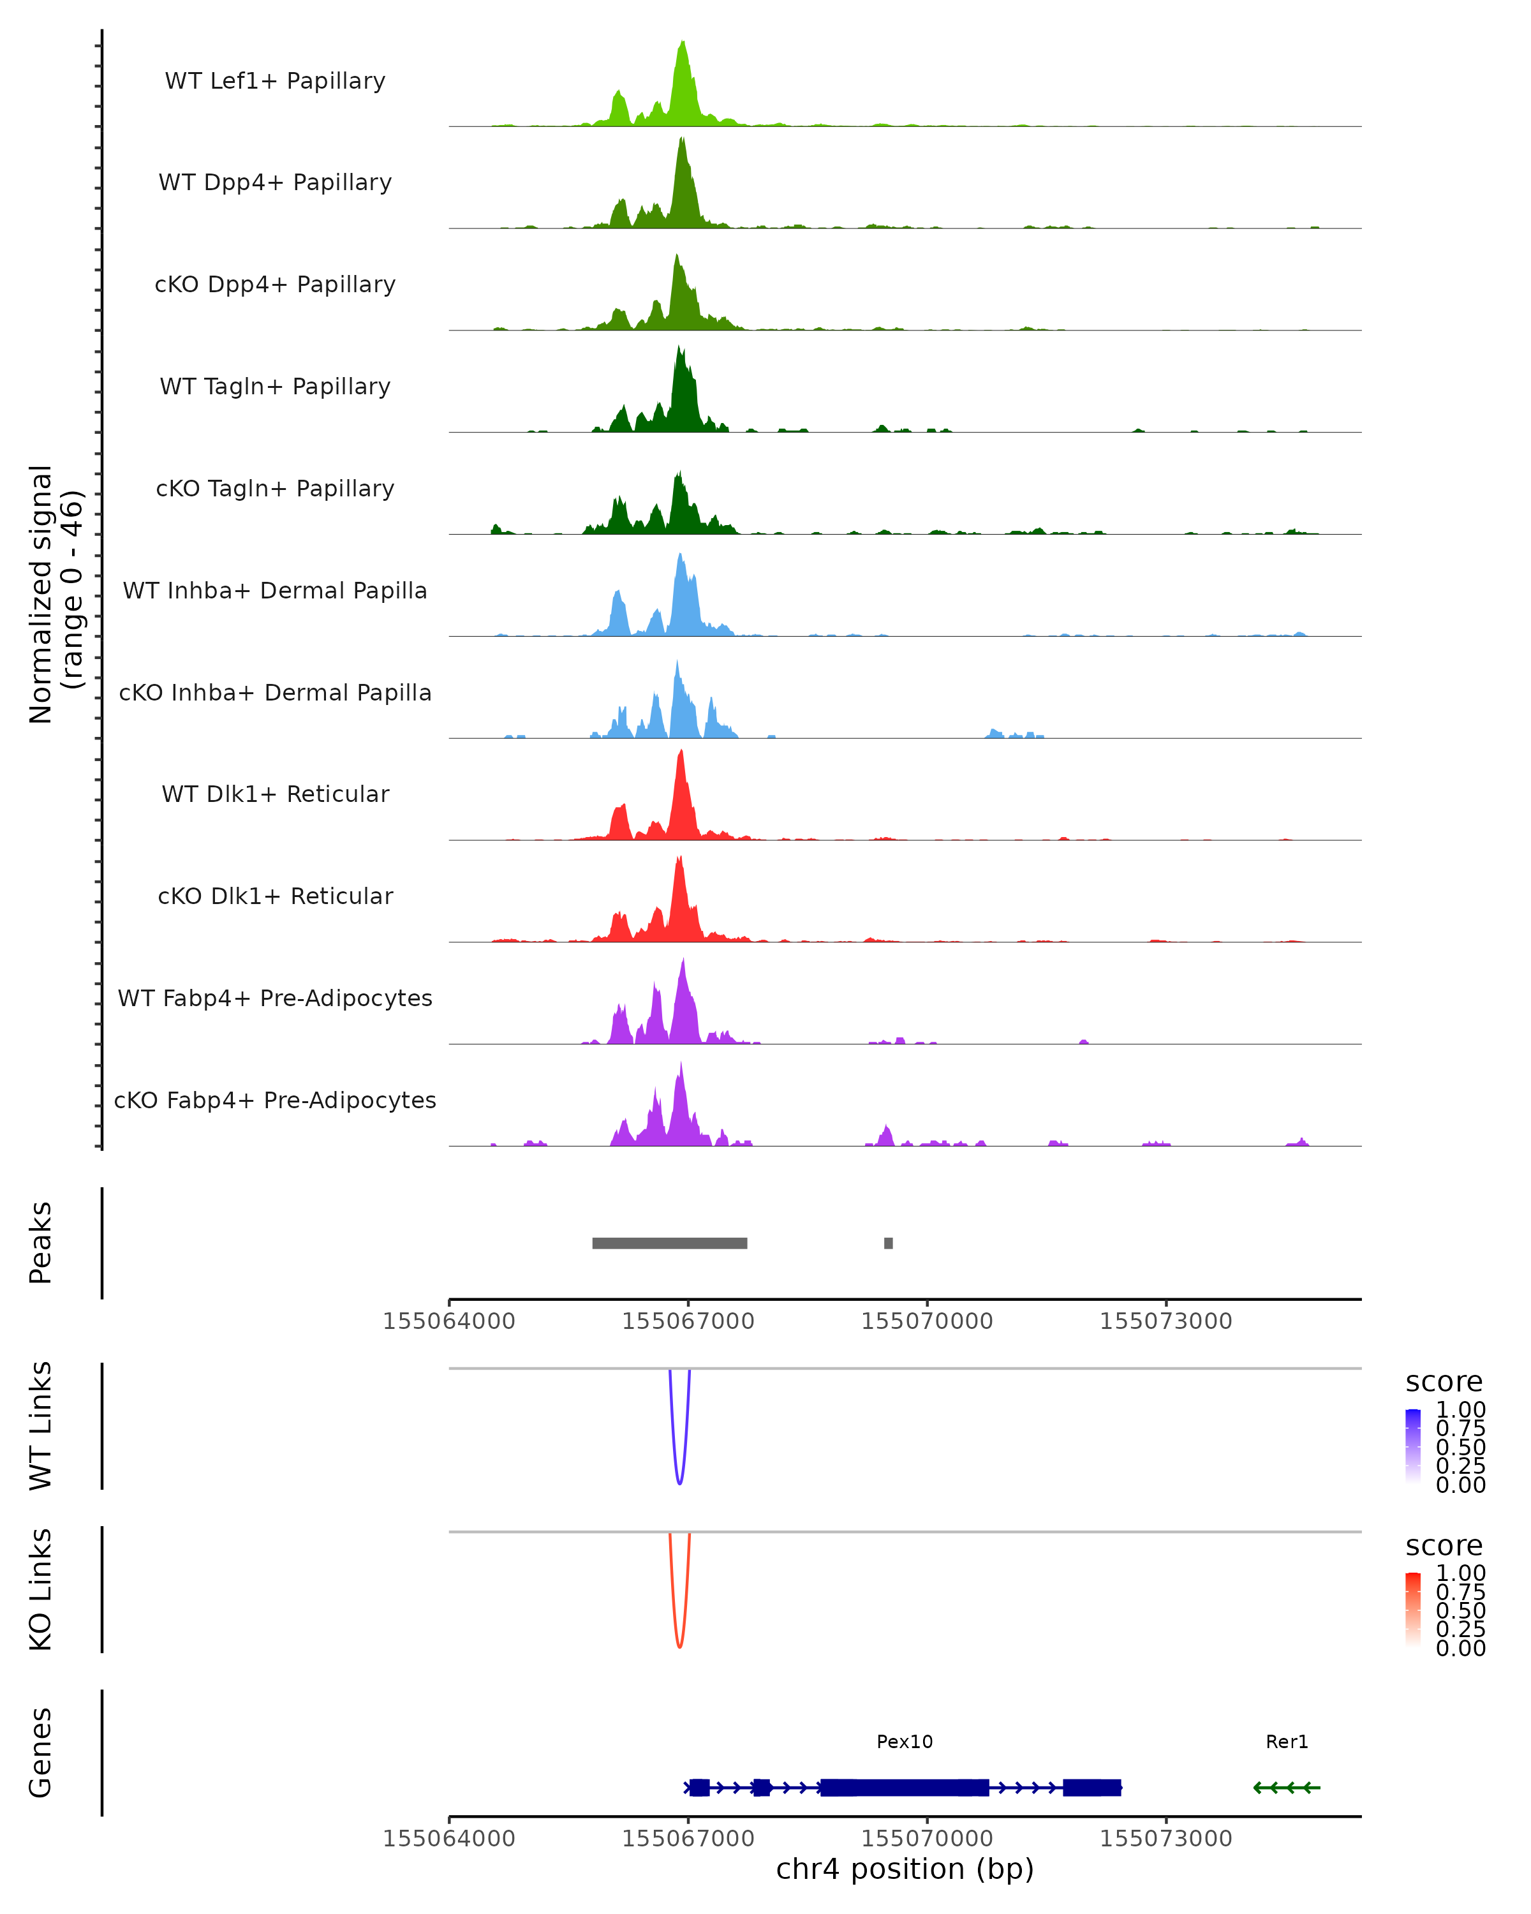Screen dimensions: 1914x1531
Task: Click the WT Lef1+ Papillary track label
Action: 275,81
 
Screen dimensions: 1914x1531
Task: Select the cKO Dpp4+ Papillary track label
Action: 275,285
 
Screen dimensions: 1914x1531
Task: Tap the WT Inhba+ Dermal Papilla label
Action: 275,591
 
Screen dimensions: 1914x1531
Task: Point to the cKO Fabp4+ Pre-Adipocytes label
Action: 275,1101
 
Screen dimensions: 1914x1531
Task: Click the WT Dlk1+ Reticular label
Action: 275,794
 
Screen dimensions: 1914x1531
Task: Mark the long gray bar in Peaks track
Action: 669,1243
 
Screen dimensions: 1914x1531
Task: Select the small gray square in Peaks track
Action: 889,1243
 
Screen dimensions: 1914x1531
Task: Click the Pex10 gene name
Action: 905,1742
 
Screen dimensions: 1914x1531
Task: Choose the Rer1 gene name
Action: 1287,1742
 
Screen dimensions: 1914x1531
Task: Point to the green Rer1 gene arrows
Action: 1287,1787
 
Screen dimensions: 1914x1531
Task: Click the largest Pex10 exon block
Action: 905,1787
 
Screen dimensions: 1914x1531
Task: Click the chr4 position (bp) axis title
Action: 905,1869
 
